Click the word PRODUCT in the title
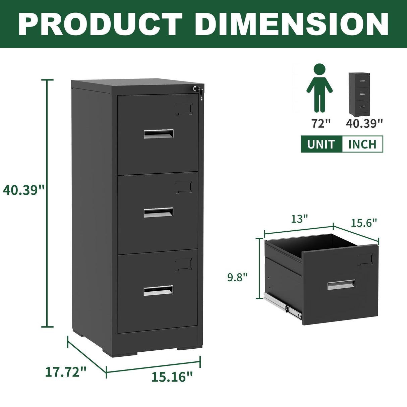(x=100, y=24)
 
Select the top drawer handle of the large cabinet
(x=159, y=134)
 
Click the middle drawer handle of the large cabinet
(x=159, y=212)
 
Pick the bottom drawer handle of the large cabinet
(x=159, y=291)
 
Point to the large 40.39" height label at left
(x=23, y=190)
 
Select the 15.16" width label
(x=172, y=377)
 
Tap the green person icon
(x=319, y=88)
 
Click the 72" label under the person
(x=321, y=123)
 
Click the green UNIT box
(x=321, y=144)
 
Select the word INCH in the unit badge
(x=362, y=144)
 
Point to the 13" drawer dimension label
(x=299, y=219)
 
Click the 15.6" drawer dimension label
(x=364, y=223)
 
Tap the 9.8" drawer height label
(x=237, y=277)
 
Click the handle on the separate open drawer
(x=341, y=285)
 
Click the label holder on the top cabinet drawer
(x=184, y=109)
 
